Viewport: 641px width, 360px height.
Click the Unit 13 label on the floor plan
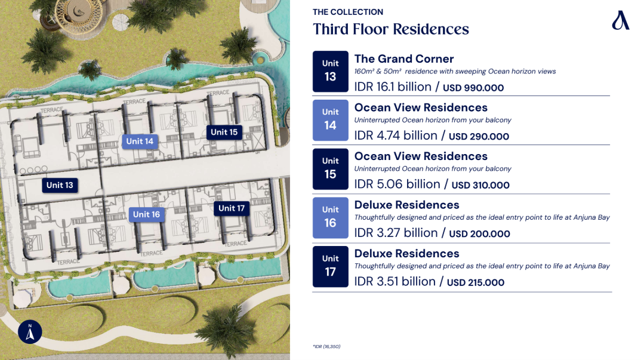click(60, 185)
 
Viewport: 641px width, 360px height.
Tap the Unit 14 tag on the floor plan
click(140, 141)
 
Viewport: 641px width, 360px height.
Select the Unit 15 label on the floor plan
click(224, 132)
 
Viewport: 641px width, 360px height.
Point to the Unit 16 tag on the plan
click(146, 214)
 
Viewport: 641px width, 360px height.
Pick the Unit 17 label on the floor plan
click(232, 208)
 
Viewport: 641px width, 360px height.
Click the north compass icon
click(30, 331)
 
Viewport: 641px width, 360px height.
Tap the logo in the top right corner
click(620, 20)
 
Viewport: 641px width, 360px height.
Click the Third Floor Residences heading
click(391, 29)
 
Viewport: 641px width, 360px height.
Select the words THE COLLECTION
click(348, 12)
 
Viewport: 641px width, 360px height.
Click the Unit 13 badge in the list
click(330, 72)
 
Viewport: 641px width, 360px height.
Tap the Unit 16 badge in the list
click(330, 218)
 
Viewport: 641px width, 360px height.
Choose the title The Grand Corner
click(404, 59)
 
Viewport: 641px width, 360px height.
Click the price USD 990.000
click(473, 88)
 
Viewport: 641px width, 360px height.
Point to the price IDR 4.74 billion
click(396, 136)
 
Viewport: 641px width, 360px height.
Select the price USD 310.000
click(480, 185)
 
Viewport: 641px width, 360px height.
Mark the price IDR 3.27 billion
click(396, 233)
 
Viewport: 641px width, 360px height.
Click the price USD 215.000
click(476, 282)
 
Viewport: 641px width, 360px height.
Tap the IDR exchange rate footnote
click(326, 346)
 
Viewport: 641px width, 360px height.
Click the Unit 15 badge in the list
click(330, 169)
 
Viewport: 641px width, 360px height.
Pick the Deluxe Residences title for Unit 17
click(407, 254)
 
